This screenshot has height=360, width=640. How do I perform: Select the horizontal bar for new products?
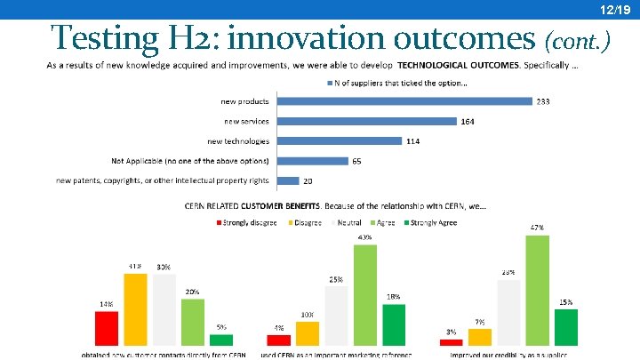click(404, 100)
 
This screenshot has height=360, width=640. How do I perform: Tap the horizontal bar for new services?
click(367, 121)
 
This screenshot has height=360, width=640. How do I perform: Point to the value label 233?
click(542, 101)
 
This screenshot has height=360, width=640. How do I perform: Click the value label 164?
click(467, 121)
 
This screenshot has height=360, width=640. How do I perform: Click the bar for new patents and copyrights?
click(288, 180)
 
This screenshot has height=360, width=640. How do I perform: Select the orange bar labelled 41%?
click(135, 308)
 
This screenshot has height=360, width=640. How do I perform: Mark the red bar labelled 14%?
click(107, 327)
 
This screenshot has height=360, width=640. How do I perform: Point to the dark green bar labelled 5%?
click(220, 339)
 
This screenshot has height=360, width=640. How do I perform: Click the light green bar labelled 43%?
click(365, 294)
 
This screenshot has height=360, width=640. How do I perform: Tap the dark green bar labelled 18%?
click(394, 324)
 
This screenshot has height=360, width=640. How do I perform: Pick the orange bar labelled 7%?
click(480, 336)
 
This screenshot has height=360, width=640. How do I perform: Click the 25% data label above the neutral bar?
click(336, 279)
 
